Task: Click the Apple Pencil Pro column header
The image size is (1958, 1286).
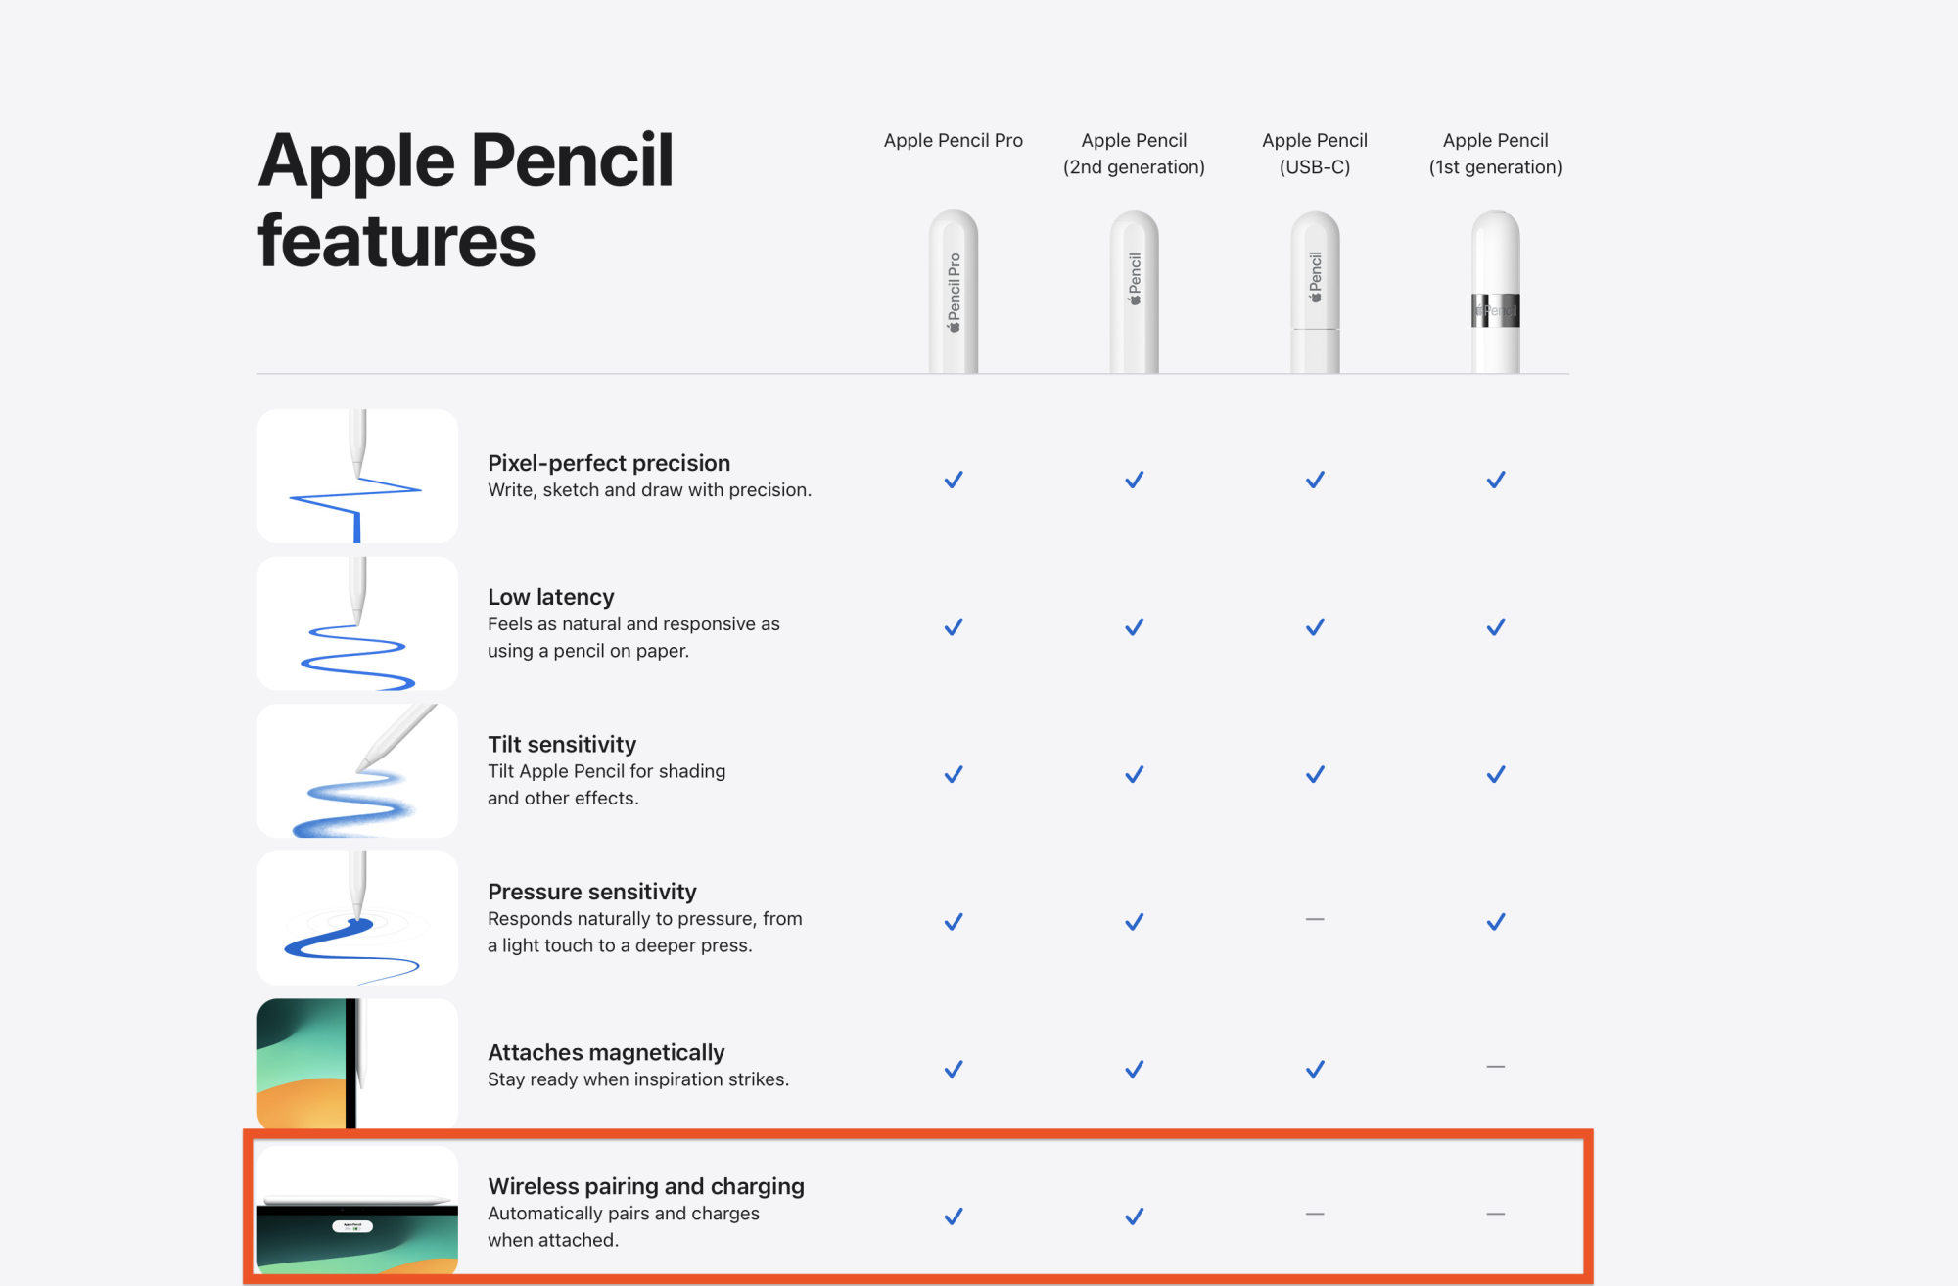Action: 953,140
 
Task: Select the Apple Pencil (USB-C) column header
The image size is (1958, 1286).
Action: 1315,154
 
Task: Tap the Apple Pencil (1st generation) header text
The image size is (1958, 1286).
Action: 1495,154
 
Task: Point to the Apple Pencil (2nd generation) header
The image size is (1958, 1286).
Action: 1134,154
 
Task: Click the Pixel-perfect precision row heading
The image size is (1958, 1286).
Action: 609,463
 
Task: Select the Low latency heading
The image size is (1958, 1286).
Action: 551,597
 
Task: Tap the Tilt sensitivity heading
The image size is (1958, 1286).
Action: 562,744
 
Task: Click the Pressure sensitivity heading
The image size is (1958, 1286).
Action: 592,892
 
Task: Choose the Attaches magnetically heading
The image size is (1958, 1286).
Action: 606,1052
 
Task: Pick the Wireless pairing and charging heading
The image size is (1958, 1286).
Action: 646,1186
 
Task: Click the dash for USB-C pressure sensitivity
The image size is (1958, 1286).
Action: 1315,920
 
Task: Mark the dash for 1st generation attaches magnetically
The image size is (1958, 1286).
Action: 1496,1067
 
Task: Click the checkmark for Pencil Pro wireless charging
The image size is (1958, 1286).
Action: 954,1217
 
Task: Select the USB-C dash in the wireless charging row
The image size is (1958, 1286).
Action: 1315,1214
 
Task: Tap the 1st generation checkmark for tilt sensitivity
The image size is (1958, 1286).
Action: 1496,774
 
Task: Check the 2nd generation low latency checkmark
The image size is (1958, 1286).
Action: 1134,627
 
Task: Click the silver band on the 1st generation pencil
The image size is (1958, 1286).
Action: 1496,310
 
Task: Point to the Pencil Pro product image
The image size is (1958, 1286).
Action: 954,292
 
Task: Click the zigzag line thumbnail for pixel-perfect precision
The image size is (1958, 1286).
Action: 357,477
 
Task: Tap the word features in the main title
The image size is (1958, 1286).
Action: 396,241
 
